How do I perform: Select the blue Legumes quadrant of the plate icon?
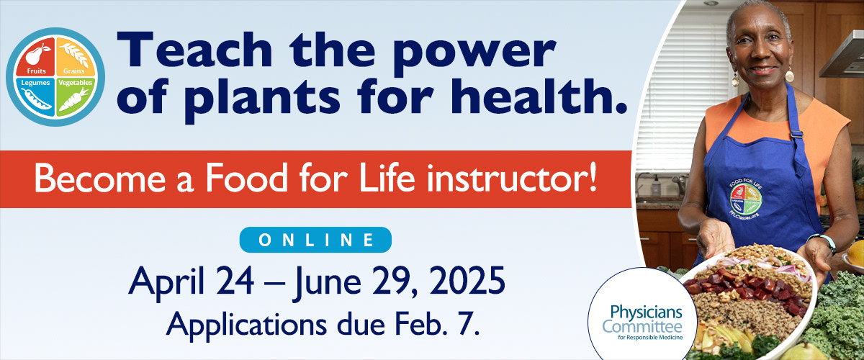35,95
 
